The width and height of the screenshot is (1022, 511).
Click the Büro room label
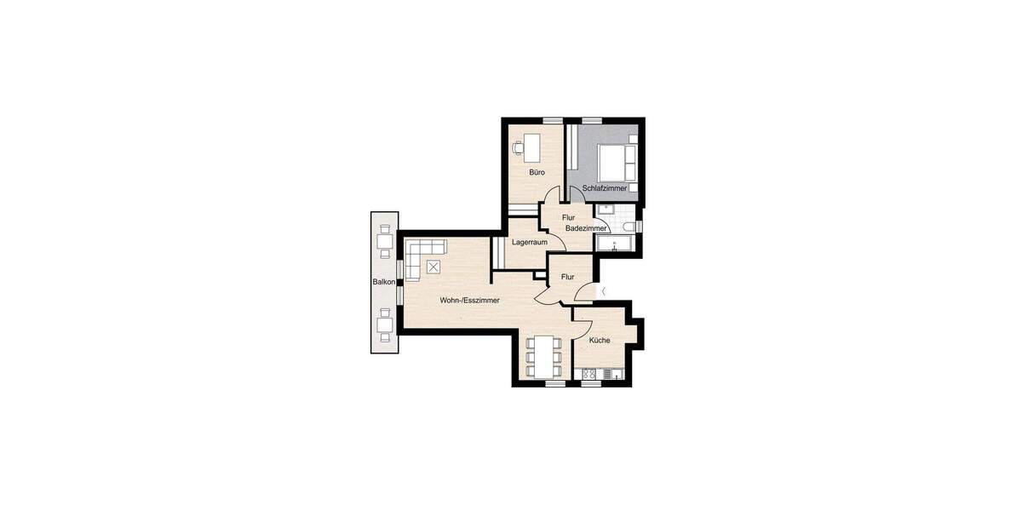(537, 173)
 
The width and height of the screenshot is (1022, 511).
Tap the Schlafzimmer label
(605, 187)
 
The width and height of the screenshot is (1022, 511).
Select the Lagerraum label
(529, 242)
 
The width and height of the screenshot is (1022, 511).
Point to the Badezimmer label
(586, 228)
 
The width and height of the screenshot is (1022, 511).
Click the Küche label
(599, 340)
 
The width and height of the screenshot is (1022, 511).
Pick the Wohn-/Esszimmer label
(469, 301)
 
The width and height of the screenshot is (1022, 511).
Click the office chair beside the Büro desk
(518, 147)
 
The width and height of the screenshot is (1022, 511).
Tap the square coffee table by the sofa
(434, 267)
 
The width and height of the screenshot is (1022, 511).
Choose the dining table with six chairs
(543, 357)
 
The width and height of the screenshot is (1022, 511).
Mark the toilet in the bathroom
(629, 226)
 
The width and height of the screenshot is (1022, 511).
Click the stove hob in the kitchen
(589, 374)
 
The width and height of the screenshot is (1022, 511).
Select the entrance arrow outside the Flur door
(603, 292)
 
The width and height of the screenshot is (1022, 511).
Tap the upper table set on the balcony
(385, 240)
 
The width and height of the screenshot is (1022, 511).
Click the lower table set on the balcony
(385, 324)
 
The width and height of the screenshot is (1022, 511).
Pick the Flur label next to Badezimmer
(568, 217)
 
